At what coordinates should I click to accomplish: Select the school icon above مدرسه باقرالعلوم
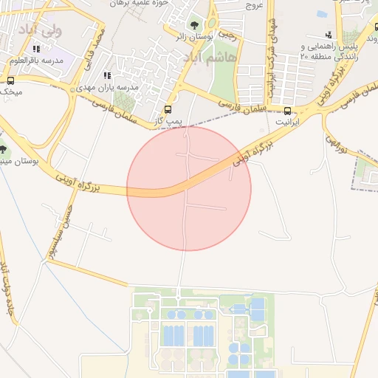[36, 49]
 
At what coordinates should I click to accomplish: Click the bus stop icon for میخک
[10, 80]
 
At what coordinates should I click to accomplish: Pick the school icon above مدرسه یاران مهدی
[108, 75]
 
